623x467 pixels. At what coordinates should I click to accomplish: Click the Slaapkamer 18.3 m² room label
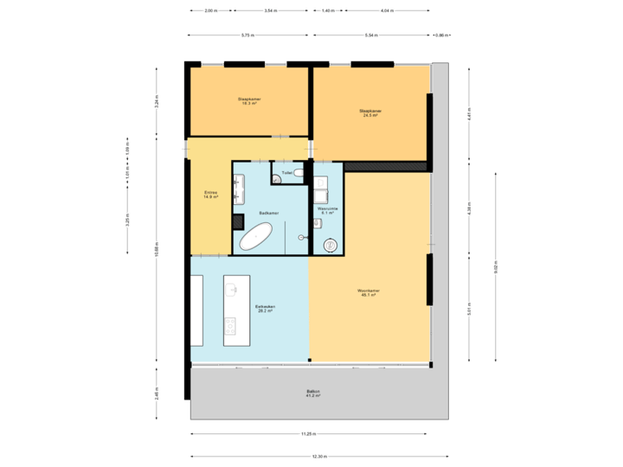[249, 101]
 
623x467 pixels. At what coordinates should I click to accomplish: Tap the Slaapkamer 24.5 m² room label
[370, 112]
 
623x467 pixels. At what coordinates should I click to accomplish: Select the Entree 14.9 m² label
[210, 195]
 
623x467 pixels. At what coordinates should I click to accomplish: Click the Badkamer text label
[268, 212]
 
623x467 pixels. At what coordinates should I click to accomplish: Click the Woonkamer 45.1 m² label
[369, 292]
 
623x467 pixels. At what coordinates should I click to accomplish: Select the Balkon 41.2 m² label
[313, 394]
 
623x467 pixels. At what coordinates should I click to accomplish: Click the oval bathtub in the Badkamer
[256, 237]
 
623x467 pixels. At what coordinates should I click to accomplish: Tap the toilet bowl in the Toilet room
[299, 174]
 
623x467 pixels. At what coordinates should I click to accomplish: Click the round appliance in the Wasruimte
[330, 246]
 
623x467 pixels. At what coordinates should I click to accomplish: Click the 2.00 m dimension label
[210, 11]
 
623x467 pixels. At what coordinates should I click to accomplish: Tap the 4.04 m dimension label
[387, 11]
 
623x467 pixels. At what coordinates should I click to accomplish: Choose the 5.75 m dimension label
[247, 35]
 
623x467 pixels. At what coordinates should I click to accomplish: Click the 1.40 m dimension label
[327, 11]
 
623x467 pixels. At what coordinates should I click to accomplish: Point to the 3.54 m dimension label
[271, 11]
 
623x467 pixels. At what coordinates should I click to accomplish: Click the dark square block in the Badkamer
[238, 221]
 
